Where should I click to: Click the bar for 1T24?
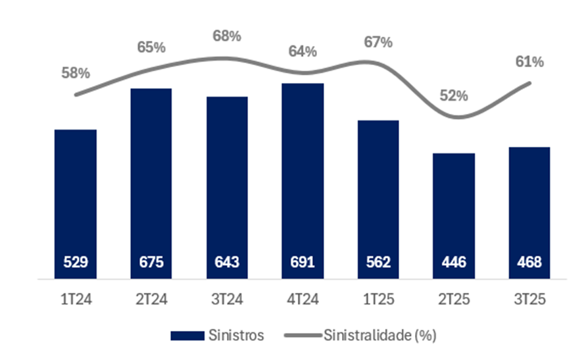click(76, 197)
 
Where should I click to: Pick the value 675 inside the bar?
click(151, 262)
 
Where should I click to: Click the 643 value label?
click(227, 262)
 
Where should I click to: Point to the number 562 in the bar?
click(378, 262)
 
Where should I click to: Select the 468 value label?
click(529, 262)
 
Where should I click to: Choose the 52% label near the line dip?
click(454, 95)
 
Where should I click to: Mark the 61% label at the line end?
click(529, 62)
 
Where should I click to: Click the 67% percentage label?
click(378, 42)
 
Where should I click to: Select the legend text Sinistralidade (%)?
click(379, 335)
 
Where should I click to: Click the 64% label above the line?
click(303, 51)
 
